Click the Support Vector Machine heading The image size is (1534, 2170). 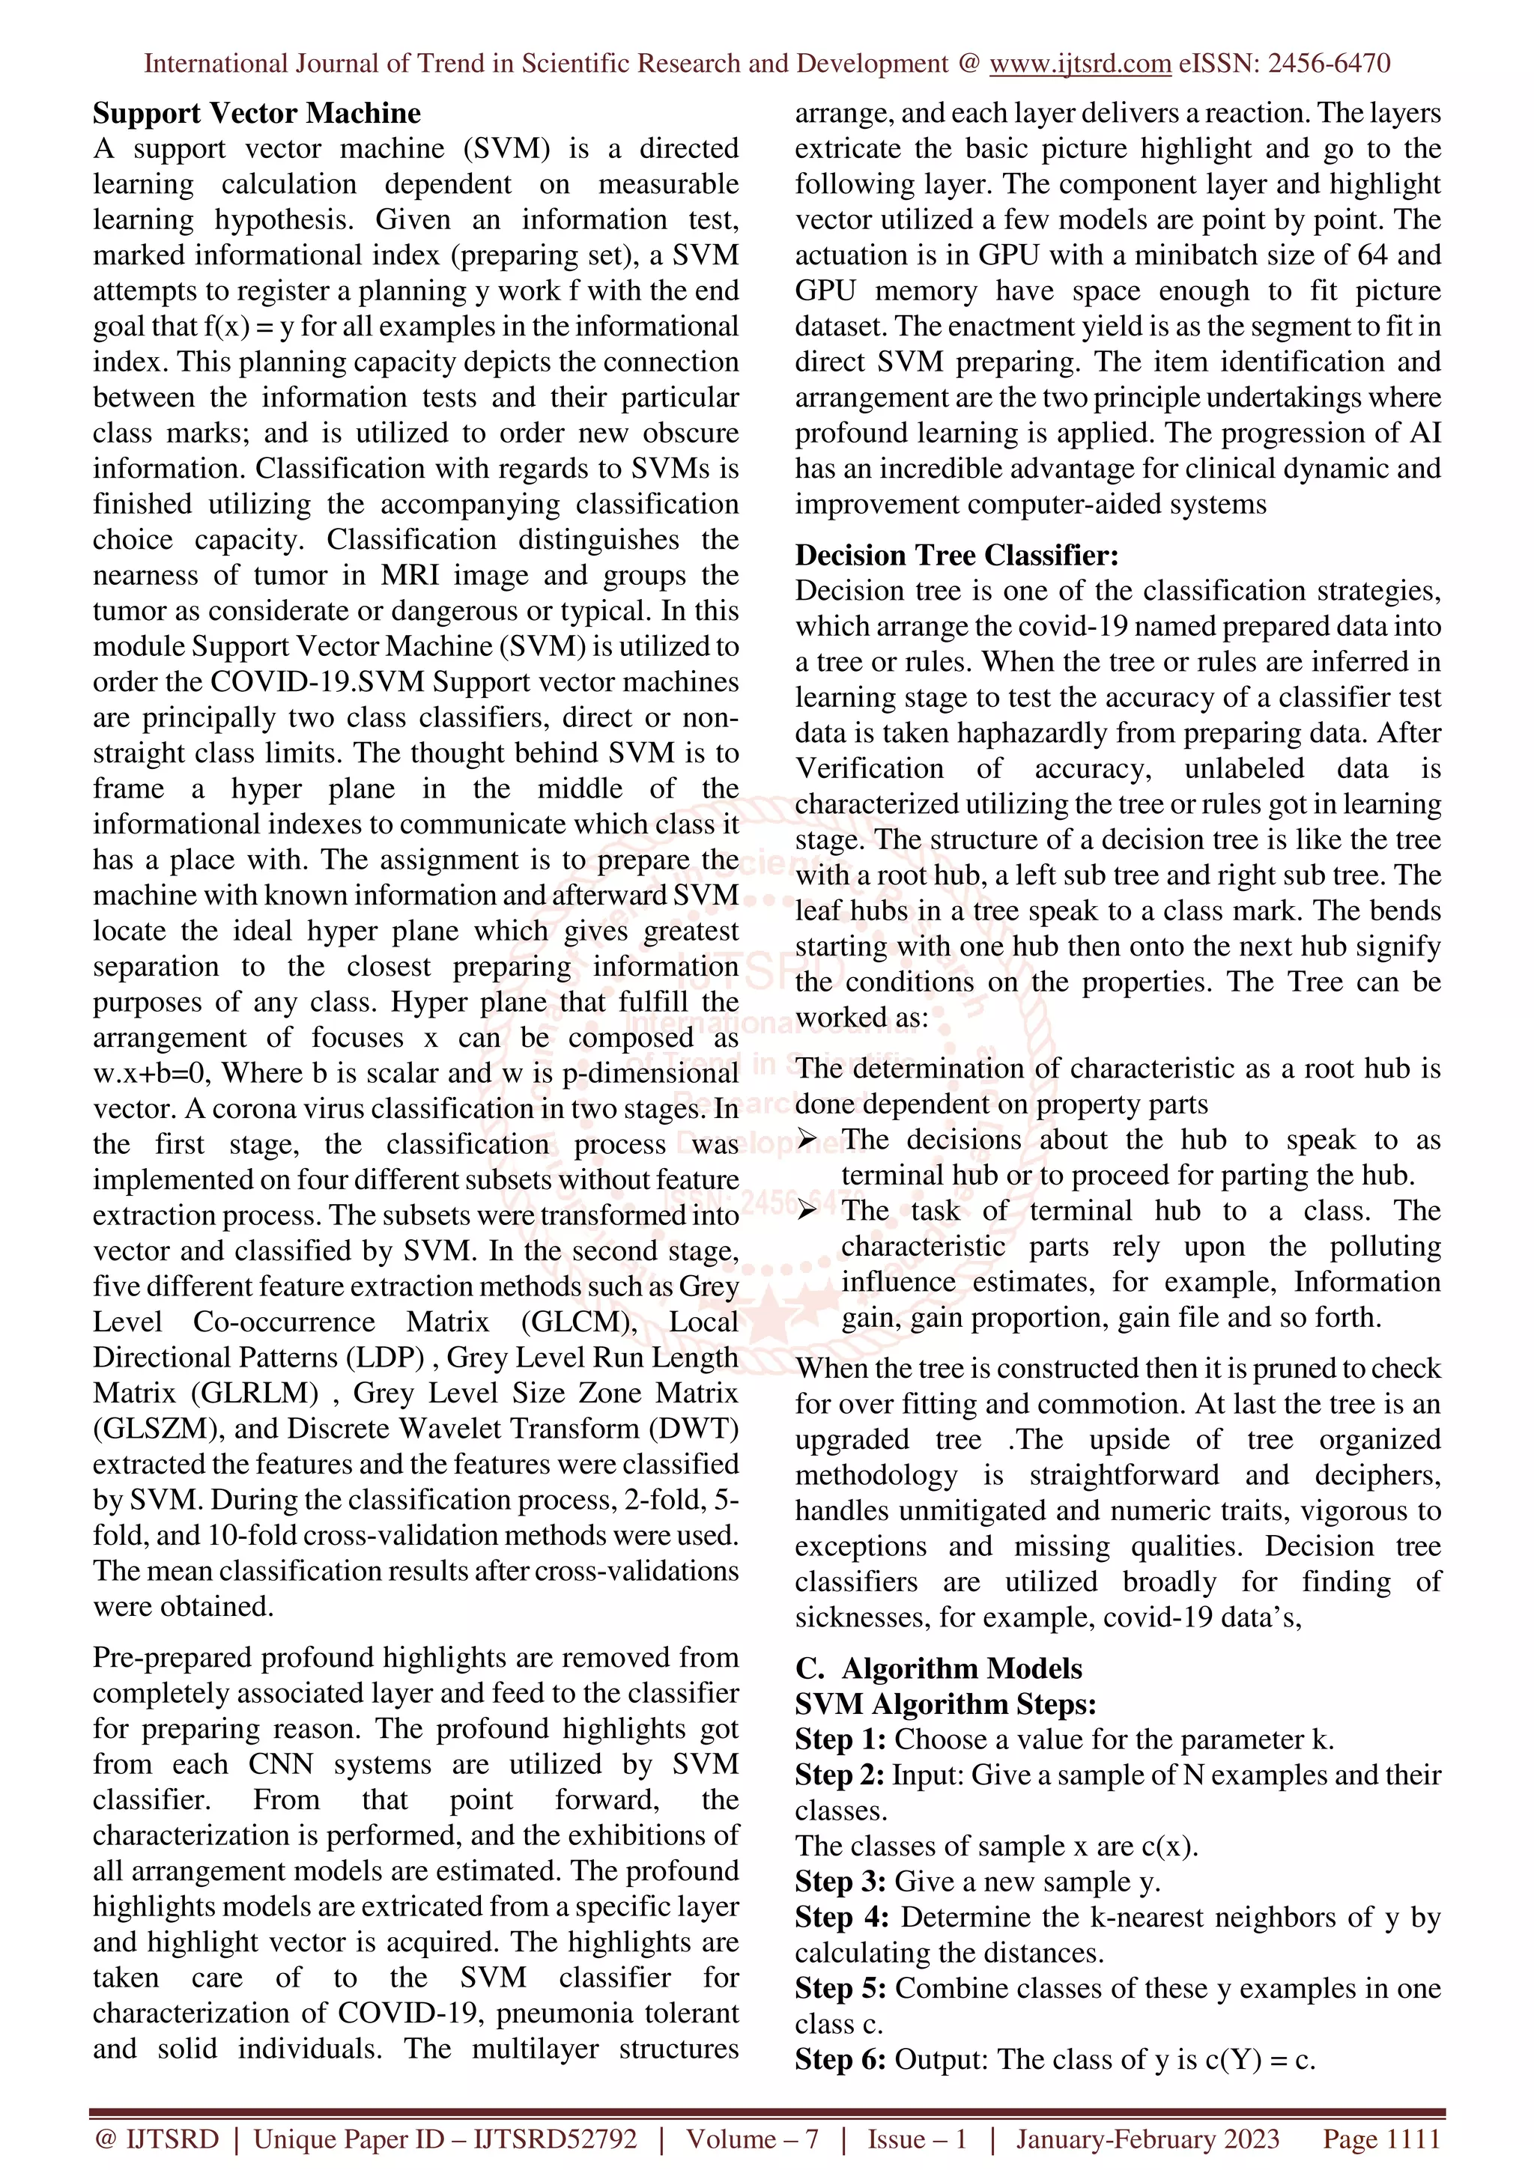coord(256,113)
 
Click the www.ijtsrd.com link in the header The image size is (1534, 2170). coord(1080,64)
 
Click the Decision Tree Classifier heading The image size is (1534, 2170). coord(957,555)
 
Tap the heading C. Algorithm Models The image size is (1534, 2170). coord(939,1668)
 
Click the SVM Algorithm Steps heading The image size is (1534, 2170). coord(945,1704)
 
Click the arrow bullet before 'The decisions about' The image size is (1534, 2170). coord(806,1140)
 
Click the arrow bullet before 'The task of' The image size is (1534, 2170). coord(806,1212)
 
